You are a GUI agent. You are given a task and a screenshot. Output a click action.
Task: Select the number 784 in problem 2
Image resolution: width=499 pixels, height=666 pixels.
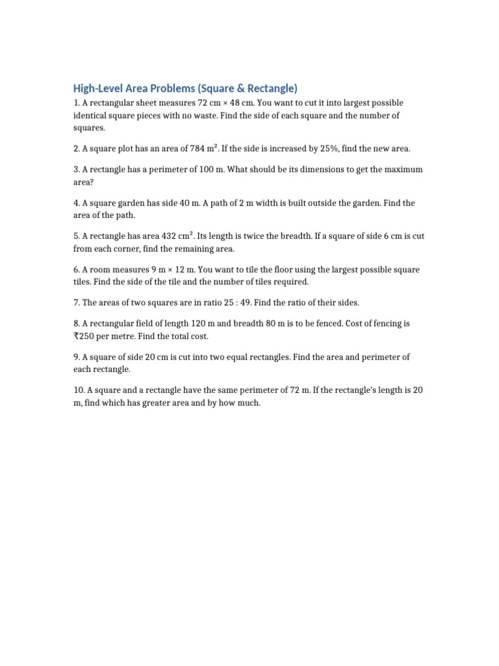pyautogui.click(x=198, y=149)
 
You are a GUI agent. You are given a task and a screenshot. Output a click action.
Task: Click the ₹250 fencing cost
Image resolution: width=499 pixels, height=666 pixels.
pyautogui.click(x=84, y=336)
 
